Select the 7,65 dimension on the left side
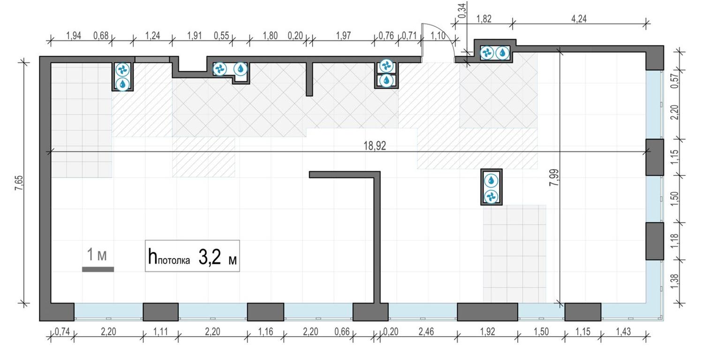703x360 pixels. tap(19, 181)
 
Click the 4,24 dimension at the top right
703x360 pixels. tap(579, 19)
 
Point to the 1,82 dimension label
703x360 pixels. tap(484, 19)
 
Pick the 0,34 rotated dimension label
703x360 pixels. tap(462, 10)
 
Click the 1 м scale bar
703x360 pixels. tap(98, 269)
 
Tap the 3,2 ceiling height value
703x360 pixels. tap(209, 257)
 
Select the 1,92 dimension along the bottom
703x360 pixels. tap(488, 332)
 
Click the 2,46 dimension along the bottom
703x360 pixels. tap(426, 332)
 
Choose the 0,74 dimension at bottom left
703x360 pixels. tap(62, 332)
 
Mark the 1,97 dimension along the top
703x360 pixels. tap(343, 36)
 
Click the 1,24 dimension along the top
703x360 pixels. tap(152, 36)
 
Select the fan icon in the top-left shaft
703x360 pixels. tap(123, 70)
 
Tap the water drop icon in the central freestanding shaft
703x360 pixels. tap(491, 180)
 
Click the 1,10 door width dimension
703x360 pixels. tap(438, 36)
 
